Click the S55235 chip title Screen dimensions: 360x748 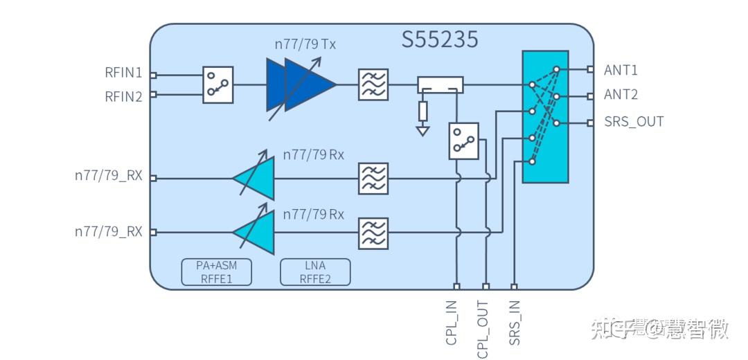(x=440, y=39)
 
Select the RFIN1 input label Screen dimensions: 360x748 (x=123, y=73)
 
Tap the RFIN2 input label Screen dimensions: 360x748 (x=123, y=96)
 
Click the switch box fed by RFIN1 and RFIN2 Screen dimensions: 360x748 (x=217, y=85)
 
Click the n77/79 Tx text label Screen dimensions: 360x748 (x=305, y=45)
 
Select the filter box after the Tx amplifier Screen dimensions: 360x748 (x=373, y=84)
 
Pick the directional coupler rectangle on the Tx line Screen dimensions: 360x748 (x=440, y=85)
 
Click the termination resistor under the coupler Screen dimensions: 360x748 (x=422, y=111)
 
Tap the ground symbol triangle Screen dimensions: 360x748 (x=422, y=129)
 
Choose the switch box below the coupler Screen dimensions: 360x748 (x=463, y=141)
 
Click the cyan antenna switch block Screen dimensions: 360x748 (x=545, y=117)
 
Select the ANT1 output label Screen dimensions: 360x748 (x=621, y=70)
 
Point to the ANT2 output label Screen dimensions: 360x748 (x=621, y=95)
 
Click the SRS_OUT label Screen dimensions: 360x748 (x=634, y=122)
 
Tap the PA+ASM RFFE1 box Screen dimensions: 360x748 (x=216, y=272)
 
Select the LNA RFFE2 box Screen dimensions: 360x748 (x=315, y=272)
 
